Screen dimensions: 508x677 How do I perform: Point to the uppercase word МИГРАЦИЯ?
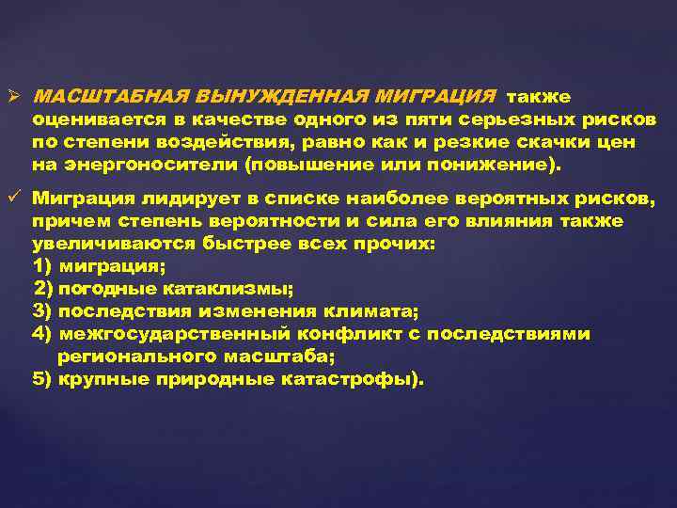click(x=434, y=98)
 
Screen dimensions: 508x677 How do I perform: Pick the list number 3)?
click(x=42, y=310)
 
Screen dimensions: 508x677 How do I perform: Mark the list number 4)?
click(x=42, y=334)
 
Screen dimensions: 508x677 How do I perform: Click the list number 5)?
click(x=42, y=380)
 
